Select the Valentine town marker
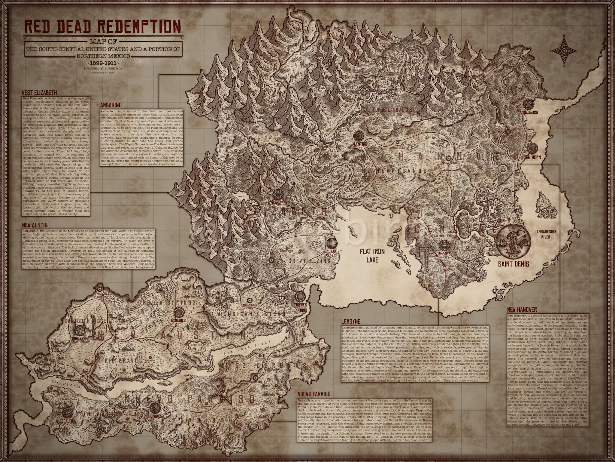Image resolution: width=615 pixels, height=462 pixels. pyautogui.click(x=358, y=135)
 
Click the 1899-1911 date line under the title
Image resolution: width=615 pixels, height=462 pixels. pyautogui.click(x=103, y=63)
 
